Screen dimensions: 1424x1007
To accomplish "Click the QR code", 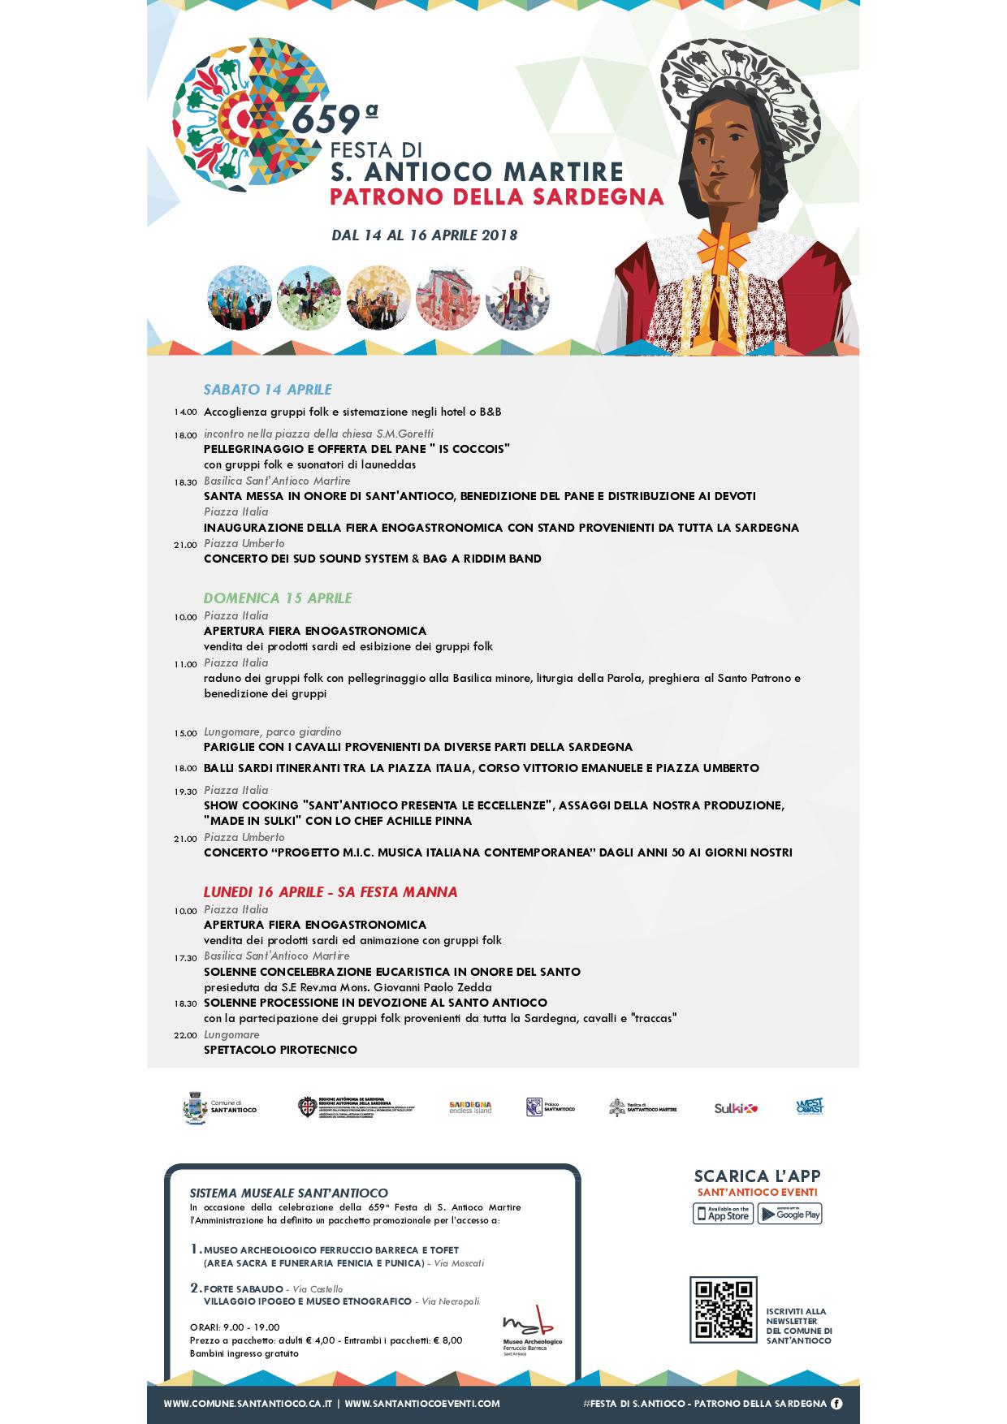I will pyautogui.click(x=723, y=1310).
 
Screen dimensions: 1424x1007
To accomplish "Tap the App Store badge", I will pyautogui.click(x=723, y=1214).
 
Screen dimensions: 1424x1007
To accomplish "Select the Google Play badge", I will pyautogui.click(x=789, y=1214).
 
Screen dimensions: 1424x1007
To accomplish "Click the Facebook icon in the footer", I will pyautogui.click(x=836, y=1403).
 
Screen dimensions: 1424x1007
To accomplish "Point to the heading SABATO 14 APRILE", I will pyautogui.click(x=267, y=390).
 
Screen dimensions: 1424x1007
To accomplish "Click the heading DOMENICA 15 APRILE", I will pyautogui.click(x=278, y=598).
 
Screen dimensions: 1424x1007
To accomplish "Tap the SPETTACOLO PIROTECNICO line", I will pyautogui.click(x=280, y=1050).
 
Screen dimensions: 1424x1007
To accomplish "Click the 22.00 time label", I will pyautogui.click(x=185, y=1035).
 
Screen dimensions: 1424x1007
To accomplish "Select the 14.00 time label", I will pyautogui.click(x=185, y=412).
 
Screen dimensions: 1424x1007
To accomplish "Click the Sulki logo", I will pyautogui.click(x=736, y=1108).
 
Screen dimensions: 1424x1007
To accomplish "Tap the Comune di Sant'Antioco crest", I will pyautogui.click(x=195, y=1107).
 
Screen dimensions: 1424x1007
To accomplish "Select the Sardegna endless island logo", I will pyautogui.click(x=470, y=1107).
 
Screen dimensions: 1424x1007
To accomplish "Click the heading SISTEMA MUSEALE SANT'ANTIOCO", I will pyautogui.click(x=288, y=1193).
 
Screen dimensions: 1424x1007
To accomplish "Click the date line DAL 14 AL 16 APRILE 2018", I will pyautogui.click(x=424, y=235).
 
